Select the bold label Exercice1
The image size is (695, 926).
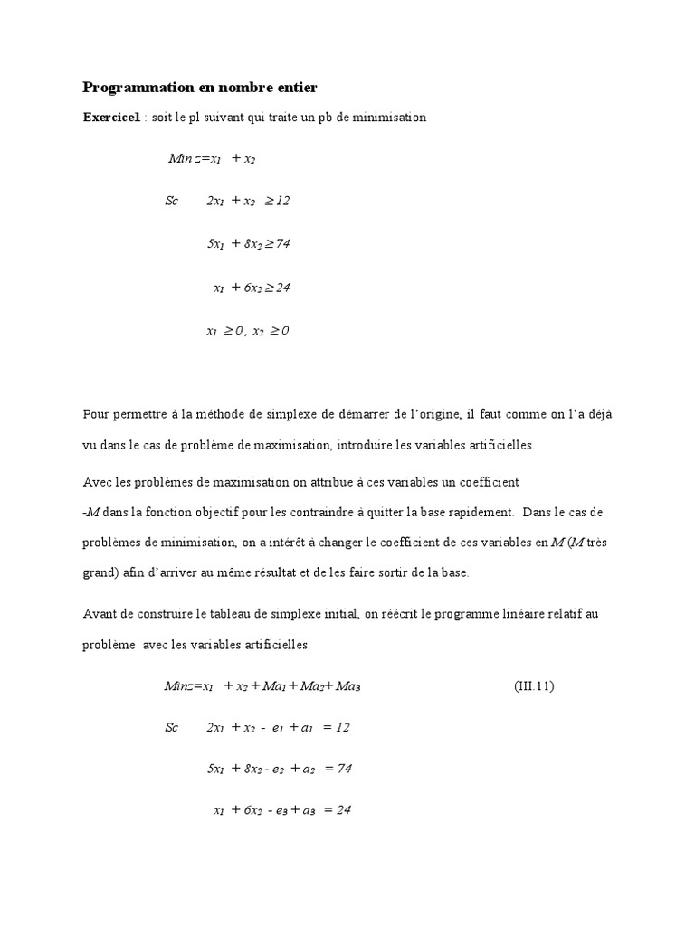click(112, 118)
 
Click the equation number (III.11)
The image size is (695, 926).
click(533, 686)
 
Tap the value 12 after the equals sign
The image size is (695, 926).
click(342, 727)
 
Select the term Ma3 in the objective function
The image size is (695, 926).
click(347, 686)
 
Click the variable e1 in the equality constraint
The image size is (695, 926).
click(277, 727)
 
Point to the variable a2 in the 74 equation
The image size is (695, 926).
click(308, 769)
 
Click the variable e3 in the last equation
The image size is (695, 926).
click(280, 810)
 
